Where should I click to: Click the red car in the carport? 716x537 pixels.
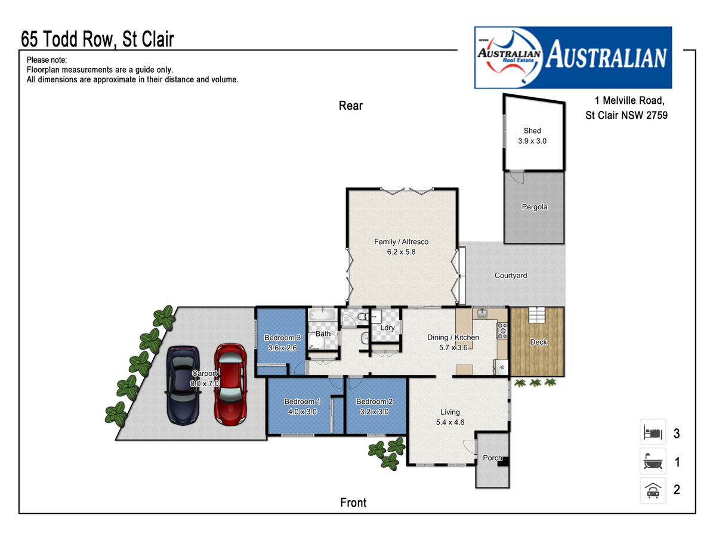coord(230,384)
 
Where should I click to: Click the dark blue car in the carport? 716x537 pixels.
coord(183,385)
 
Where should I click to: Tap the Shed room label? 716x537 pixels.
coord(532,131)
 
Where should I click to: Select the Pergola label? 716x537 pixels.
coord(534,206)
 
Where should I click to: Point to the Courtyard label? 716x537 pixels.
coord(511,275)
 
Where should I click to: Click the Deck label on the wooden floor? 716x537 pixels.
coord(538,342)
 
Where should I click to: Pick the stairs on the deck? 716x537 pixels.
coord(537,314)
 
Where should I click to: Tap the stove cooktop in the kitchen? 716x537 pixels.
coord(502,331)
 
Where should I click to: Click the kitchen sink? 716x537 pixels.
coord(482,314)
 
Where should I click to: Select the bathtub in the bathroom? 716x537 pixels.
coord(322,315)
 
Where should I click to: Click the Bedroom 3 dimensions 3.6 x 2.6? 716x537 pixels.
coord(282,348)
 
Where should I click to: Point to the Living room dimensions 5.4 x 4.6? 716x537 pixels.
coord(450,422)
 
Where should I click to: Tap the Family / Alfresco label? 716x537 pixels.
coord(401,242)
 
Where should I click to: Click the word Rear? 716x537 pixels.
coord(351,106)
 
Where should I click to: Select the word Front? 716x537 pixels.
coord(353,502)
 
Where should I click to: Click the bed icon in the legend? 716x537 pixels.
coord(653,432)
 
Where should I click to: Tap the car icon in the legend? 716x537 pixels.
coord(653,490)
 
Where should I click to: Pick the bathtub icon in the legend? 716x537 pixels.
coord(653,461)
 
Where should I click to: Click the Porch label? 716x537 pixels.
coord(492,458)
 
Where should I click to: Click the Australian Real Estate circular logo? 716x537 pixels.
coord(509,57)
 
